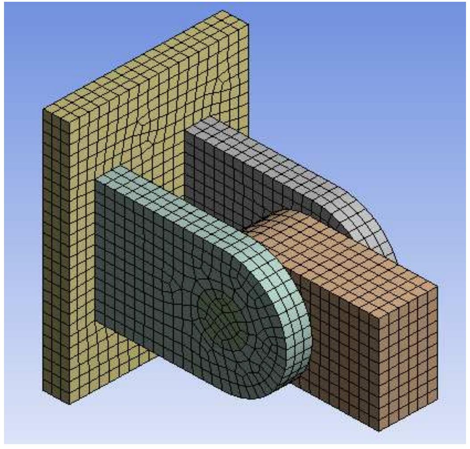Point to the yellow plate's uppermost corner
coord(222,10)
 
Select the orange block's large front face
coord(339,348)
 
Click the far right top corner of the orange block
coord(437,285)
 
